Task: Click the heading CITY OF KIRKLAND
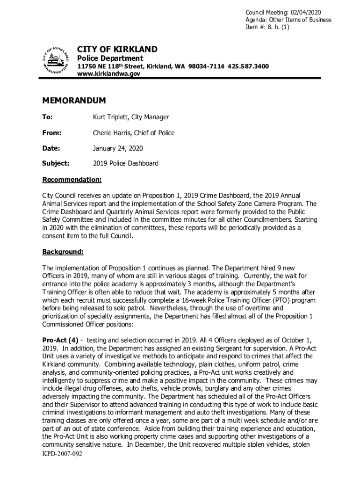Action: tap(117, 49)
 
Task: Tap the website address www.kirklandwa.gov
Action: tap(108, 74)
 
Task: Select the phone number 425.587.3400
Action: tap(248, 66)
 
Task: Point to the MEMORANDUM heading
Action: tap(74, 101)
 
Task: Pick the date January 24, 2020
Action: tap(118, 148)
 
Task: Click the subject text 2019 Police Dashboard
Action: tap(125, 164)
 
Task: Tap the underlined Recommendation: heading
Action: tap(72, 180)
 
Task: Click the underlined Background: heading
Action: tap(63, 252)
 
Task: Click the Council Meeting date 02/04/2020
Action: tap(305, 12)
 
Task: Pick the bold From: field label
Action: tap(52, 133)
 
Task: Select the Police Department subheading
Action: tap(110, 58)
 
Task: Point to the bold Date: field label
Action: tap(51, 148)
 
